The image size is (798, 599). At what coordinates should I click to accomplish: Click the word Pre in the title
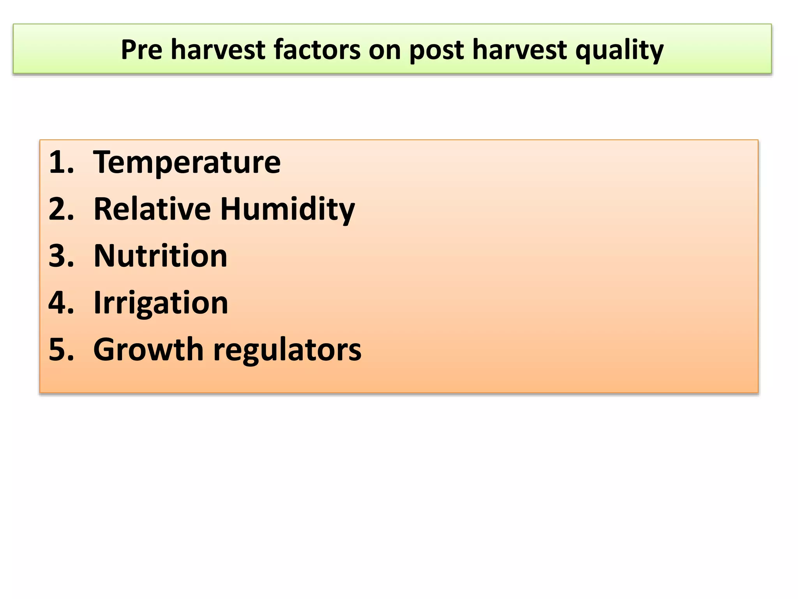coord(141,50)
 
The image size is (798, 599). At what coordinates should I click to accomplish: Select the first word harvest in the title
coord(218,50)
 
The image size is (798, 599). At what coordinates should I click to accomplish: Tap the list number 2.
coord(61,209)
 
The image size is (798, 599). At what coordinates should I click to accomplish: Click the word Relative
coord(152,209)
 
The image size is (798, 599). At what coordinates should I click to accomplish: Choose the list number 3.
coord(61,256)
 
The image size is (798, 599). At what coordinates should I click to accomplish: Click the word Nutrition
coord(161,256)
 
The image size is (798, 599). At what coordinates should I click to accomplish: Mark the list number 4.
coord(61,303)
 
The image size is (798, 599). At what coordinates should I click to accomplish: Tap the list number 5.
coord(61,349)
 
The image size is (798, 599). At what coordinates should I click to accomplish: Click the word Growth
coord(148,349)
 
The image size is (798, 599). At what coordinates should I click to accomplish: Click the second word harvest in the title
coord(519,50)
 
